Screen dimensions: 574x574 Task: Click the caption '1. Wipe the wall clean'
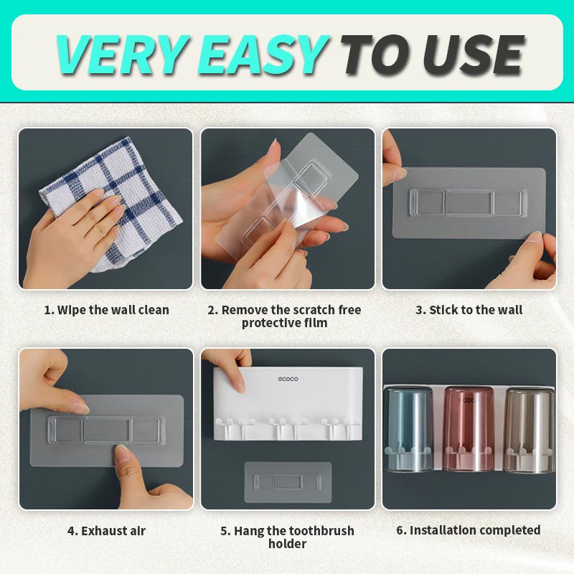[106, 310]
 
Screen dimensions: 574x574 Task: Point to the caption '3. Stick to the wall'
[469, 310]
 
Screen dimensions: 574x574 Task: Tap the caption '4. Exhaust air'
[106, 530]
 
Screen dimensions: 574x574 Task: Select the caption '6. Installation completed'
[469, 530]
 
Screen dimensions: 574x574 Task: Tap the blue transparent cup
[410, 428]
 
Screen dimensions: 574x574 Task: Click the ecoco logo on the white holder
[288, 379]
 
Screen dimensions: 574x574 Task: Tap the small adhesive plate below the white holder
[288, 481]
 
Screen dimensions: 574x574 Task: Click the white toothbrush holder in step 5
[288, 403]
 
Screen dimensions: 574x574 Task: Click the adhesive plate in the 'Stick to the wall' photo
[469, 203]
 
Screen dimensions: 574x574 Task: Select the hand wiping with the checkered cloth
[73, 235]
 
